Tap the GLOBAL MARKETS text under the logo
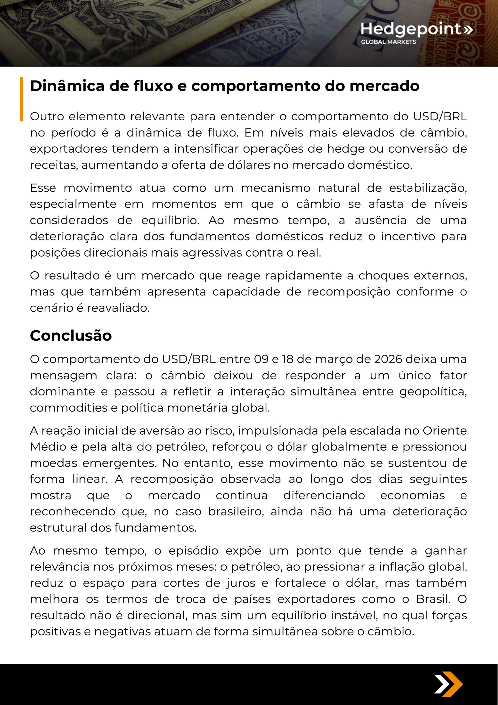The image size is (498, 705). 388,42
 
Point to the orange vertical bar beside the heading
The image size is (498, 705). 22,99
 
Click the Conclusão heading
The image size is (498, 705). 71,336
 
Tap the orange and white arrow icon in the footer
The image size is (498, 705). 448,684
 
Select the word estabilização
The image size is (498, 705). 428,188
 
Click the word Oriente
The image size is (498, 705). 445,431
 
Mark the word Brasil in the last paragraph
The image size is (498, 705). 433,599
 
